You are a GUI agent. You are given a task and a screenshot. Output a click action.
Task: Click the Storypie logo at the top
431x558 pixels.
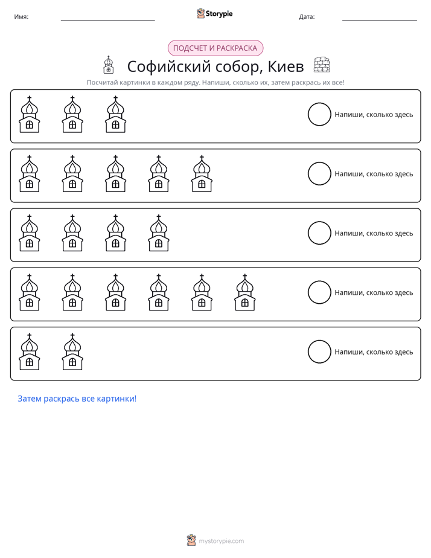[215, 13]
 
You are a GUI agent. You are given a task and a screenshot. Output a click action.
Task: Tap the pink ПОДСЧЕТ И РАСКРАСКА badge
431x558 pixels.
[215, 48]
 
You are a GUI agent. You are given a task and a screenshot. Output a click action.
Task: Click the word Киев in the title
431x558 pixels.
[286, 66]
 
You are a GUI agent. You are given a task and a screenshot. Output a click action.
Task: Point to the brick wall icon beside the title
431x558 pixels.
[322, 65]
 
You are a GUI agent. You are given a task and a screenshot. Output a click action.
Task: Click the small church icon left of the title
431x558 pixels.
[109, 65]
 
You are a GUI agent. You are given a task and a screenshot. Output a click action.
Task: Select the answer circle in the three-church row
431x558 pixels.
[319, 114]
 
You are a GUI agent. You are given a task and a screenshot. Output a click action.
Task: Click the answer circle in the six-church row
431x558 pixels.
[319, 292]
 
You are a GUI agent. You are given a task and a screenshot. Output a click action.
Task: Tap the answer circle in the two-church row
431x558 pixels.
[319, 351]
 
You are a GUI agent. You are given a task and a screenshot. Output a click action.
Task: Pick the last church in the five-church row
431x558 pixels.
[202, 174]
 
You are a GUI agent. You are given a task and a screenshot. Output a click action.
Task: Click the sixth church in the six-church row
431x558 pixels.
[244, 292]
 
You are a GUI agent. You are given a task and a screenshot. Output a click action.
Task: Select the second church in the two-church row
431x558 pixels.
[72, 351]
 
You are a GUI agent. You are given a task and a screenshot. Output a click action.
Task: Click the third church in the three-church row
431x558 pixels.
[115, 114]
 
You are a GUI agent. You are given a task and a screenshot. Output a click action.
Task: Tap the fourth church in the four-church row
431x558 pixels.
[159, 233]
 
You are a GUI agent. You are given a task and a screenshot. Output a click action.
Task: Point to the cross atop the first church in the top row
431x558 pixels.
[30, 98]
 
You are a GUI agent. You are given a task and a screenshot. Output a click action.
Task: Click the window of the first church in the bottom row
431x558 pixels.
[30, 362]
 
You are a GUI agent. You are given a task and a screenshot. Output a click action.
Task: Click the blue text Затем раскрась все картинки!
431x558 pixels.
[77, 399]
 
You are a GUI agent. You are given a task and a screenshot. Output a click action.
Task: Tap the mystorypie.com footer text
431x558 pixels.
[221, 541]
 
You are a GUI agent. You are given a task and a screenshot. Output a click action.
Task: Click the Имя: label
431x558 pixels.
[21, 16]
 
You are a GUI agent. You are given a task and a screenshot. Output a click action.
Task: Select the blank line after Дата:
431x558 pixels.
[380, 20]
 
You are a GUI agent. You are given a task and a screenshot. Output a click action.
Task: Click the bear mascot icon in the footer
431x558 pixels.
[191, 540]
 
